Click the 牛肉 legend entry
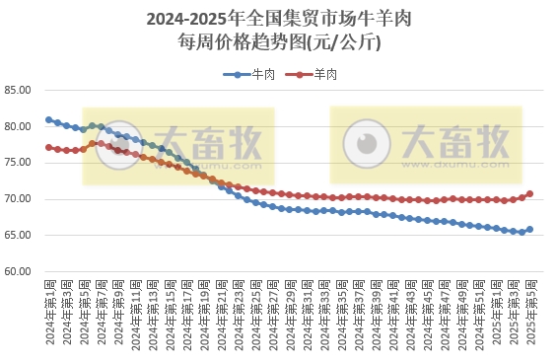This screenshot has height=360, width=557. click(x=256, y=75)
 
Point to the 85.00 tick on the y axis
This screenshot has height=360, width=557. click(x=19, y=91)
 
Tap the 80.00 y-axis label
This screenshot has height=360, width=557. click(x=19, y=127)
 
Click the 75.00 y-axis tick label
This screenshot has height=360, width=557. click(x=19, y=163)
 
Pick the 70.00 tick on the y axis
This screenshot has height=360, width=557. click(x=19, y=199)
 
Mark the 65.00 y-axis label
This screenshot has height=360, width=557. click(x=19, y=236)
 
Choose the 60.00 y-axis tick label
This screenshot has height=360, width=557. click(x=19, y=271)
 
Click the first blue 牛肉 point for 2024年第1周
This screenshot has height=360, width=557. click(x=49, y=120)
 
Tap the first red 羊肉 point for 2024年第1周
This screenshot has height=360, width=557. click(x=49, y=148)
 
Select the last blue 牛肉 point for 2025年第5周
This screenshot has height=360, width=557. click(x=530, y=230)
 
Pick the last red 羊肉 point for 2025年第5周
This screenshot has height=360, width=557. click(x=530, y=194)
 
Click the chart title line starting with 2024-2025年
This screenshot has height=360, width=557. click(x=277, y=19)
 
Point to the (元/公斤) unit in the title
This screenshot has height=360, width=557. click(x=343, y=41)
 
